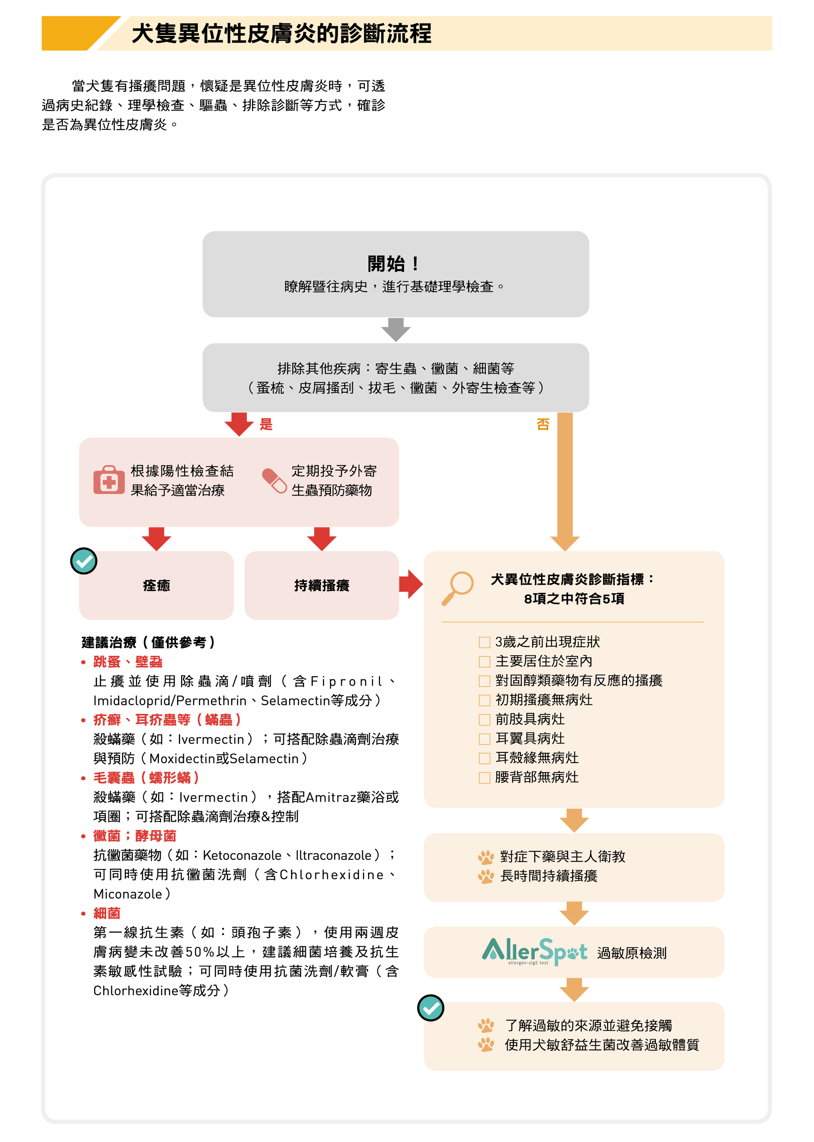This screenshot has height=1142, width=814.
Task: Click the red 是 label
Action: [266, 425]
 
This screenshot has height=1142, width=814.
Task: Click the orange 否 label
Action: [543, 425]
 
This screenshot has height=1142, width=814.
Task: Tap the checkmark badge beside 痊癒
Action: [84, 561]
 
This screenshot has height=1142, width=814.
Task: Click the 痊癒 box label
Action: [156, 586]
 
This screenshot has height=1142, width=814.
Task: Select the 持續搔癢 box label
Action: [322, 586]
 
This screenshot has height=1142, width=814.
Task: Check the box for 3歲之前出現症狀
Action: [484, 642]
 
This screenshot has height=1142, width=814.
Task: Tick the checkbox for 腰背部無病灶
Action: [484, 777]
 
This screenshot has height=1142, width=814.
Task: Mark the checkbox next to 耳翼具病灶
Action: [484, 739]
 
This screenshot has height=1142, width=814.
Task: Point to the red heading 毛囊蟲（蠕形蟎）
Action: [146, 777]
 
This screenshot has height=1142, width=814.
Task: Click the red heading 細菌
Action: [107, 913]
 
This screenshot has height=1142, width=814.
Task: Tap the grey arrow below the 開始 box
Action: [396, 330]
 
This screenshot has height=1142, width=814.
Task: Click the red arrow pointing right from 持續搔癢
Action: [411, 584]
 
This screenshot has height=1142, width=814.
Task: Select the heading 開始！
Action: [394, 263]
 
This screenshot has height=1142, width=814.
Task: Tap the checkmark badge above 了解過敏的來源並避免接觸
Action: [431, 1008]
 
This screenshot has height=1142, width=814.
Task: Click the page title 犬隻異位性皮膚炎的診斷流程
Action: [281, 33]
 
